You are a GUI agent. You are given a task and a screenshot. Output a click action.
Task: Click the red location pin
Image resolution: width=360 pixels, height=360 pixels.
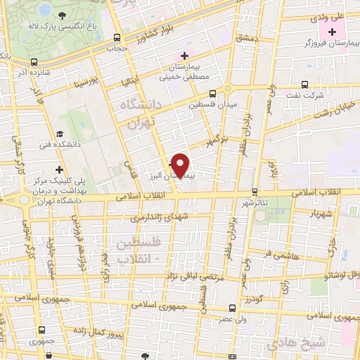[x=181, y=165]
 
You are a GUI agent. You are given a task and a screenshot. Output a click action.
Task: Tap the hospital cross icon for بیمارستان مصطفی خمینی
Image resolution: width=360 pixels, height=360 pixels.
[x=185, y=56]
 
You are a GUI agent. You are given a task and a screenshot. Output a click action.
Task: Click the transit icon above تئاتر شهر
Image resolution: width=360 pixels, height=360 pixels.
[x=255, y=191]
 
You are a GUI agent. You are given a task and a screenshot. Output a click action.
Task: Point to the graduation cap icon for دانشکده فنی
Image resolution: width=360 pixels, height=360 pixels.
[x=60, y=134]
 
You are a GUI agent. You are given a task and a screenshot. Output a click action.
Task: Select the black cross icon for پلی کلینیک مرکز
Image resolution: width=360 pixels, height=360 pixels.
[x=60, y=169]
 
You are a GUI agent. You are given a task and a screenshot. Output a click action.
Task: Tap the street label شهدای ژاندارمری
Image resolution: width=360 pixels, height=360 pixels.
[x=160, y=218]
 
